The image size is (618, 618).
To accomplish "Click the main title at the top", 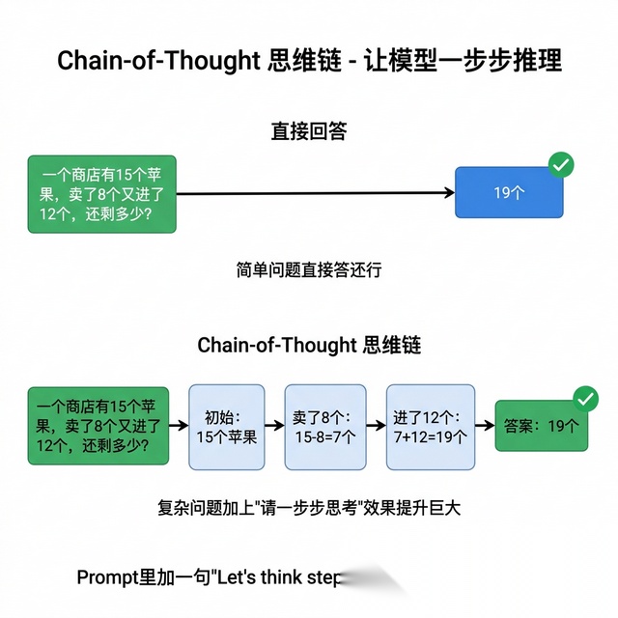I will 309,61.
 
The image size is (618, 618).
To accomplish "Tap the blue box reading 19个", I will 509,192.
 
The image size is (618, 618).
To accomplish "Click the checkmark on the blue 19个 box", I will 561,164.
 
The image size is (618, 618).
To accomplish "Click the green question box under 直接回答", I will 102,193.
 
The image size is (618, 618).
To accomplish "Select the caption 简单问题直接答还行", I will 309,270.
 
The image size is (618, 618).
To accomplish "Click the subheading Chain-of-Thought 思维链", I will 309,345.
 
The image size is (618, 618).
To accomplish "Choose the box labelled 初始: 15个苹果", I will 226,427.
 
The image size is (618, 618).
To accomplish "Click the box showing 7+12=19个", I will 430,427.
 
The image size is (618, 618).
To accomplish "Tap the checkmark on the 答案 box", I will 585,398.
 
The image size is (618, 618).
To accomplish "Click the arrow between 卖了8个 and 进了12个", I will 374,425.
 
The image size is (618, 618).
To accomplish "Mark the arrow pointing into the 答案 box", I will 486,425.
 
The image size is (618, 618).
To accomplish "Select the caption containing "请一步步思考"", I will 309,507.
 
